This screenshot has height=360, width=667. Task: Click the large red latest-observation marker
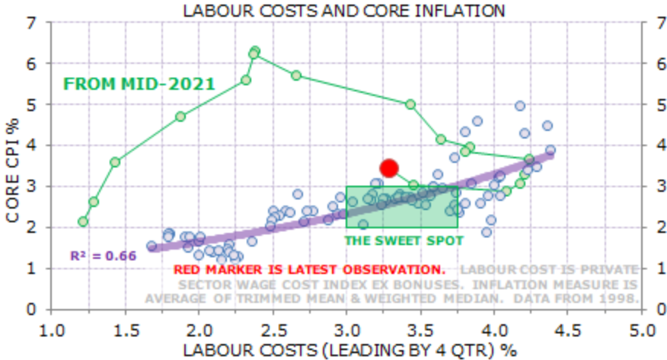(389, 168)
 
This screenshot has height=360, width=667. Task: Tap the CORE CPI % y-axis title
(12, 166)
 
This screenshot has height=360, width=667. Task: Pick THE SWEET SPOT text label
(404, 241)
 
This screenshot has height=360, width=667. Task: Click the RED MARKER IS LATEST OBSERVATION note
(309, 269)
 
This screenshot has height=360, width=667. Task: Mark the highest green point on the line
(255, 51)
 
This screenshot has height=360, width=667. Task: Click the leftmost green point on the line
(83, 221)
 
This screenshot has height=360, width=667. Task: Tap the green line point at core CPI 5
(410, 104)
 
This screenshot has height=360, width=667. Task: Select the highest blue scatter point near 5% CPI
(520, 106)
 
